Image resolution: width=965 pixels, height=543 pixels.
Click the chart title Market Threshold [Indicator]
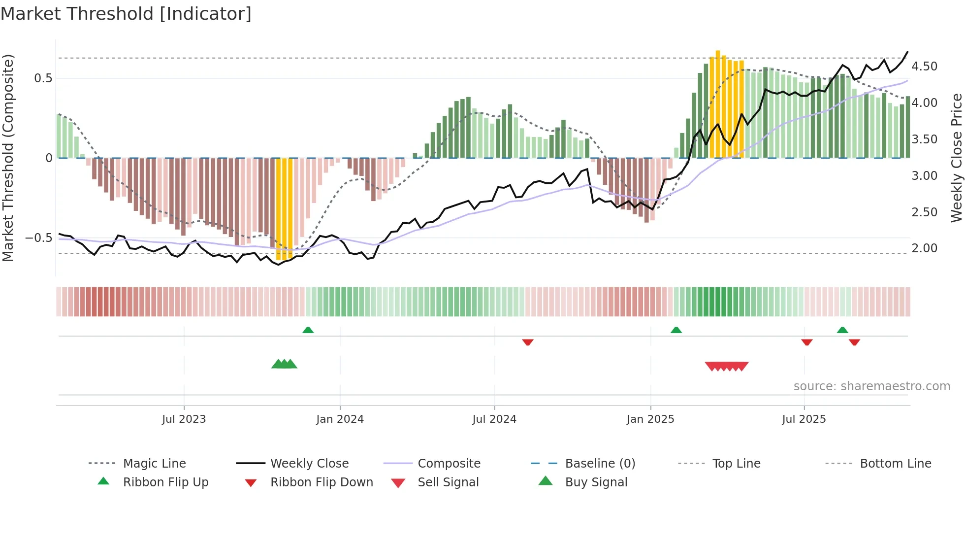[126, 14]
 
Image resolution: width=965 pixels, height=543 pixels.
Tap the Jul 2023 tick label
[184, 419]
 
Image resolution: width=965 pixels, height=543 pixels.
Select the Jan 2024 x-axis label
[340, 419]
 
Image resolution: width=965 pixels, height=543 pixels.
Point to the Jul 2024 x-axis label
[494, 419]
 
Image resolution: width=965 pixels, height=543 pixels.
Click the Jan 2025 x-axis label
[650, 419]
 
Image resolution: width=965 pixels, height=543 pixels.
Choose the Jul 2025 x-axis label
[804, 419]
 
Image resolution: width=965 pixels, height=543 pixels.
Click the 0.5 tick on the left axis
[43, 78]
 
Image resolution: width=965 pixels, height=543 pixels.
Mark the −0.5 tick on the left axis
[39, 238]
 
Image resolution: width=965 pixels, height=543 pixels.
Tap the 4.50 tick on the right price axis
[924, 67]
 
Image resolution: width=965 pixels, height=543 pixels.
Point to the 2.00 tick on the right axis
[924, 248]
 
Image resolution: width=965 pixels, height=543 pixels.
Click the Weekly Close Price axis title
[956, 158]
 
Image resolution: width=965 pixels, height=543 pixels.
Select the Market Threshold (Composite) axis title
[8, 158]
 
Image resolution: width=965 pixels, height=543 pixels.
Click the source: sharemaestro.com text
[871, 386]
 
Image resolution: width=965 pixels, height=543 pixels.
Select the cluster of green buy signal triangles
[284, 364]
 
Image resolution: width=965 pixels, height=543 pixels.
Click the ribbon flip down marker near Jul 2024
[528, 342]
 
